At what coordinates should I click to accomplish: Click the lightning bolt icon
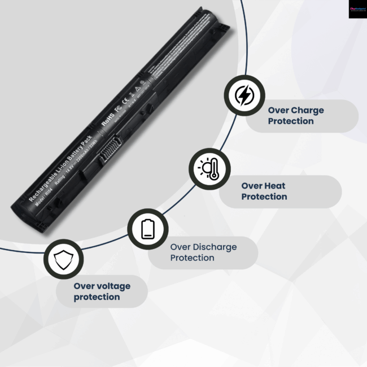point(244,96)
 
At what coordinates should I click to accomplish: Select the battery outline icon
point(147,229)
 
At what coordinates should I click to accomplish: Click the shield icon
point(63,260)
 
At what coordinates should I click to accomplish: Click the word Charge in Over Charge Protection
point(308,111)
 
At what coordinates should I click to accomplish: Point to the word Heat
point(275,186)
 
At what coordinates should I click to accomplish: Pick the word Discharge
point(215,247)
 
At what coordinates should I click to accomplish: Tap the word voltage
point(111,286)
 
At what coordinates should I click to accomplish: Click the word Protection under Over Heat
point(264,196)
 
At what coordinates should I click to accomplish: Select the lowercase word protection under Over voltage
point(97,297)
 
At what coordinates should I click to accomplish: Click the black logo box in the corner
point(357,9)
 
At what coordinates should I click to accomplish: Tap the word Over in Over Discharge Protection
point(181,247)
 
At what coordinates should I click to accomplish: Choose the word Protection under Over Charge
point(291,121)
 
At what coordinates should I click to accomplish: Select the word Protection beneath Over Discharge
point(193,258)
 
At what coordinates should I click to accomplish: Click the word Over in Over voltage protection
point(84,286)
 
